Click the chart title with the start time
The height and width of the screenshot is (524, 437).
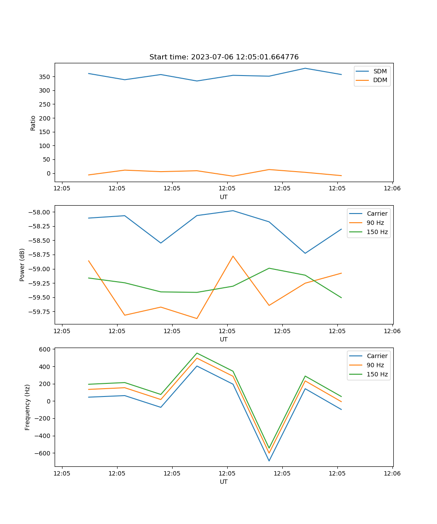click(224, 57)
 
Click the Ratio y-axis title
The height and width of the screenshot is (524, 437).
click(33, 123)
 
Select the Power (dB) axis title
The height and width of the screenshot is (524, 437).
click(22, 265)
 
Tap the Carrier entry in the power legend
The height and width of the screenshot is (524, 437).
click(377, 214)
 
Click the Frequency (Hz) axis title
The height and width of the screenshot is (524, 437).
click(28, 407)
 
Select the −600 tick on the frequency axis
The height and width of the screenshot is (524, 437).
click(43, 453)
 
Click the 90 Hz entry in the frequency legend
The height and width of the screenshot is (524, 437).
click(375, 365)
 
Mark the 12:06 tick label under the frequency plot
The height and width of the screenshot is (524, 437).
click(392, 473)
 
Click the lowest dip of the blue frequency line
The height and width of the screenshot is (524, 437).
click(269, 461)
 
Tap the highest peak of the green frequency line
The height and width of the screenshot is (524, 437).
click(197, 353)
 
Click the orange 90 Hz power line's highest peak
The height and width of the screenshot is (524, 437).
click(233, 256)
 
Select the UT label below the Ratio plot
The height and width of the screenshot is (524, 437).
click(224, 197)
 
